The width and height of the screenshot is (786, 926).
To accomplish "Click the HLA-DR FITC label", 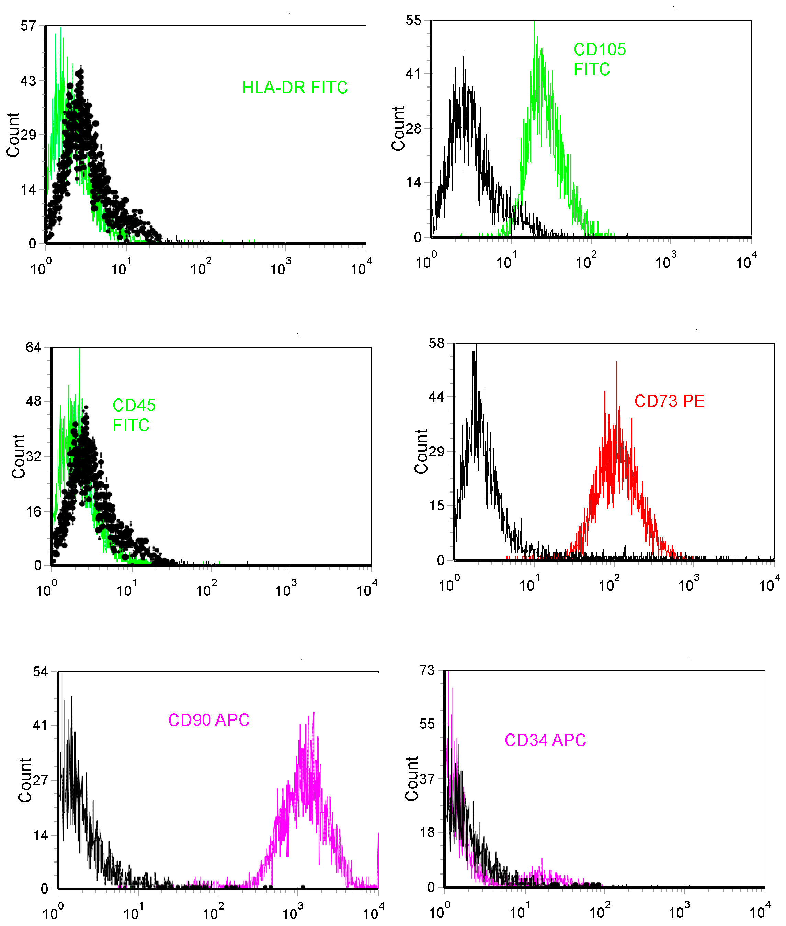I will click(x=295, y=88).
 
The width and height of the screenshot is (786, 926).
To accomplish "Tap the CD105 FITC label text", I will click(x=599, y=59).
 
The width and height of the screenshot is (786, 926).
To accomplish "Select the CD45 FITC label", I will click(x=134, y=415).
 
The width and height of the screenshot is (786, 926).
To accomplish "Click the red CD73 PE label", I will click(x=669, y=401).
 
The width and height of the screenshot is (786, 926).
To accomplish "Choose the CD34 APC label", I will click(x=545, y=740).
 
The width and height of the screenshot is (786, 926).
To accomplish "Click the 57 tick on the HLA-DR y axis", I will click(x=28, y=26).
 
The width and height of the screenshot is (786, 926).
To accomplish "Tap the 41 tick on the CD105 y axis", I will click(x=413, y=73).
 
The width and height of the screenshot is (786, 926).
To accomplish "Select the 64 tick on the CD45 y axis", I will click(x=33, y=347).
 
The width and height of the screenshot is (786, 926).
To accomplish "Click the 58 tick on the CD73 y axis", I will click(x=437, y=344).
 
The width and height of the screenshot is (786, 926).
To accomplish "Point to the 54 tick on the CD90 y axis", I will click(x=40, y=672).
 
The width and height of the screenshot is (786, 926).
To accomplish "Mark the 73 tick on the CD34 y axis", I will click(x=427, y=670).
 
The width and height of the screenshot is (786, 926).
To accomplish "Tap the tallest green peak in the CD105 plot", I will click(x=535, y=22).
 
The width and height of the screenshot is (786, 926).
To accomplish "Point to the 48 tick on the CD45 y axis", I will click(x=33, y=401).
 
